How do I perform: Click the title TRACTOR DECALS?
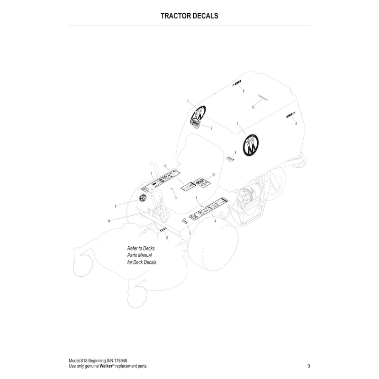(x=189, y=16)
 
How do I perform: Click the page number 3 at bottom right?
(x=308, y=366)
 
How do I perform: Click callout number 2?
(x=211, y=128)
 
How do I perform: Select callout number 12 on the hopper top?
(x=253, y=108)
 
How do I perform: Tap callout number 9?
(x=235, y=153)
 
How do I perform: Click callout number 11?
(x=165, y=166)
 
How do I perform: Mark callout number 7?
(x=151, y=174)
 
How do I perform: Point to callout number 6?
(x=116, y=206)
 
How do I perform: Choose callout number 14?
(x=109, y=221)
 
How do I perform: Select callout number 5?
(x=189, y=233)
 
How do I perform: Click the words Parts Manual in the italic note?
(x=139, y=255)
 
